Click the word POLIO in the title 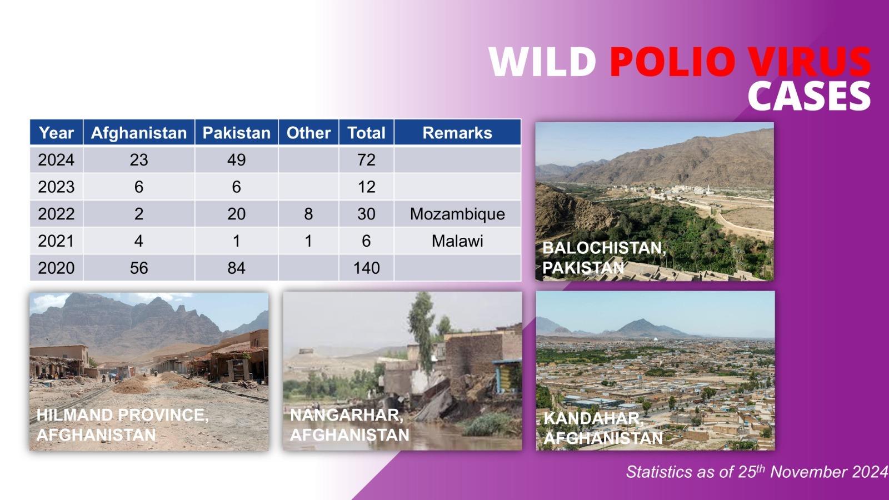[x=675, y=62]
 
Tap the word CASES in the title [x=809, y=96]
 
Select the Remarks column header [x=457, y=133]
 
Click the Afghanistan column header [x=139, y=133]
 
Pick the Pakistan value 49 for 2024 [x=236, y=159]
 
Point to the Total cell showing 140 [x=366, y=268]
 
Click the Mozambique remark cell [x=457, y=214]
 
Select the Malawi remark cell [x=457, y=241]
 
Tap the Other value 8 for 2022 [x=308, y=214]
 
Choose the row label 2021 [x=56, y=241]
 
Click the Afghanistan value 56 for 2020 [x=139, y=268]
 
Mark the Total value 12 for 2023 [x=366, y=187]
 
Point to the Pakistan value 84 [x=236, y=268]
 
